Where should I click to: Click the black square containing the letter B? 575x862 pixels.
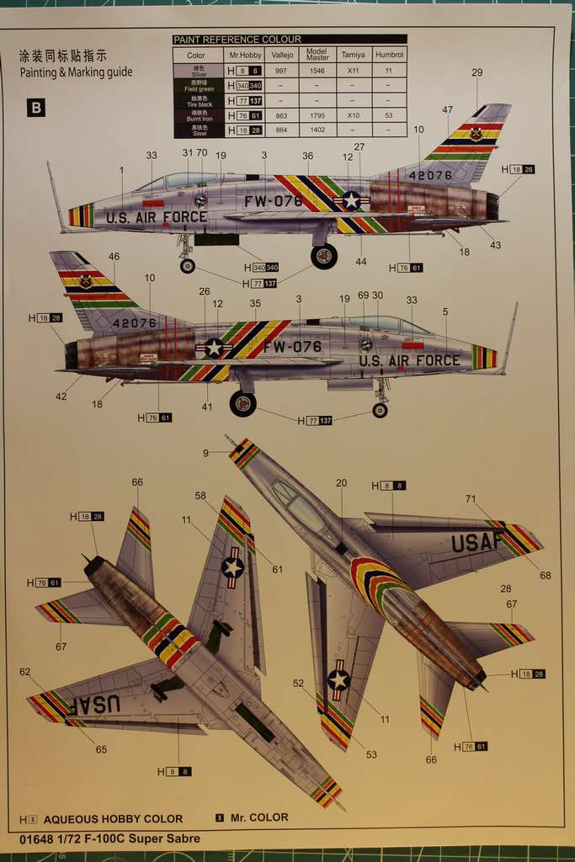pyautogui.click(x=36, y=108)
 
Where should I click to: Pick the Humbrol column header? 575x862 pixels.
pyautogui.click(x=388, y=55)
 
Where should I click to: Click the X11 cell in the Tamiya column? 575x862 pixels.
pyautogui.click(x=353, y=72)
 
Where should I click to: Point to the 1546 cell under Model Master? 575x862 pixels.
pyautogui.click(x=317, y=72)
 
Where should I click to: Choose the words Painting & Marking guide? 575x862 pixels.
pyautogui.click(x=76, y=72)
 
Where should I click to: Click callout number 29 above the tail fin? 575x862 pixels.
pyautogui.click(x=477, y=72)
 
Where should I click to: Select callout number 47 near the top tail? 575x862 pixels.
pyautogui.click(x=447, y=110)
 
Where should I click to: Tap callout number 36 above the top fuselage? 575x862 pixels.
pyautogui.click(x=307, y=156)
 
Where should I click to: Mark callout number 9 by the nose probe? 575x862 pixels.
pyautogui.click(x=205, y=454)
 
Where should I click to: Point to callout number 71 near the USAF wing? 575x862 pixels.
pyautogui.click(x=471, y=499)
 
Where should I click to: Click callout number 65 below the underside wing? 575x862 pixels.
pyautogui.click(x=101, y=749)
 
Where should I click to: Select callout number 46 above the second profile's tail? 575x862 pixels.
pyautogui.click(x=114, y=257)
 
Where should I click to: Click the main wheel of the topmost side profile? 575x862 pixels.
pyautogui.click(x=324, y=256)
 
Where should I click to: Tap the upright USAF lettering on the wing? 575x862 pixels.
pyautogui.click(x=477, y=543)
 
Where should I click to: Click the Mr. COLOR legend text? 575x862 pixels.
pyautogui.click(x=259, y=817)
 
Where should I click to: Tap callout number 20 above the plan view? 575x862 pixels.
pyautogui.click(x=341, y=483)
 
